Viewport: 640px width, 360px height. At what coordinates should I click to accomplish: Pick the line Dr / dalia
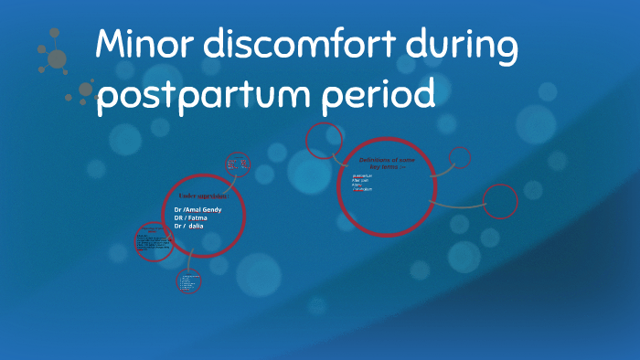point(189,225)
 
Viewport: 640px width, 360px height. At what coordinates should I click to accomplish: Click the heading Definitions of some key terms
point(387,162)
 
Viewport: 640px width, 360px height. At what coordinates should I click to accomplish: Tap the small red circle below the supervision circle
point(188,281)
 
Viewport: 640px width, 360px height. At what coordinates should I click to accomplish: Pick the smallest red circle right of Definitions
point(460,157)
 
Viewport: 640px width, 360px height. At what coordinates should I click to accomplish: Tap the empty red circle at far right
point(500,201)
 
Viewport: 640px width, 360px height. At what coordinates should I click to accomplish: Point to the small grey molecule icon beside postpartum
point(85,90)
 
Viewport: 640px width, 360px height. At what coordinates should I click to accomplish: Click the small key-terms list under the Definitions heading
point(363,182)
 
